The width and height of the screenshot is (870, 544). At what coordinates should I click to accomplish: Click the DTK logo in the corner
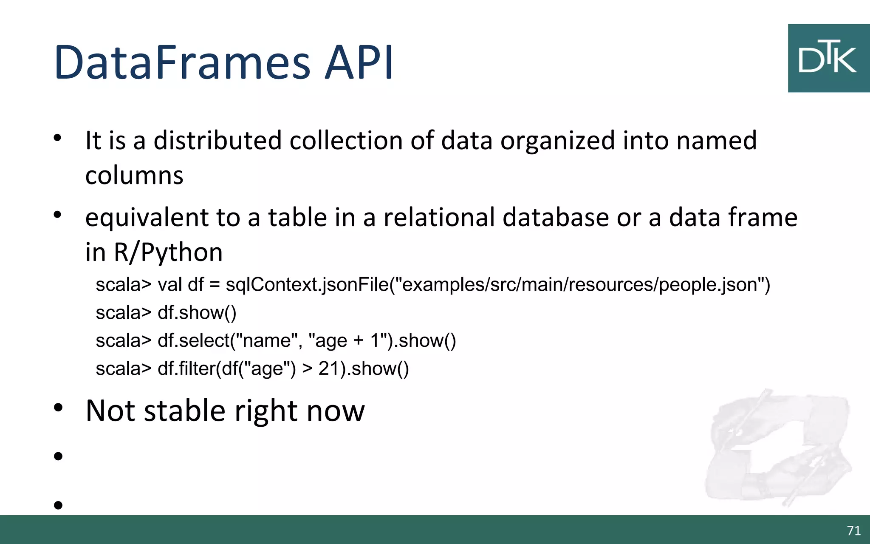828,58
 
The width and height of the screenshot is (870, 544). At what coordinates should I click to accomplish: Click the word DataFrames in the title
183,63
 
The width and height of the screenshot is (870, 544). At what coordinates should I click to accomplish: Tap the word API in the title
359,63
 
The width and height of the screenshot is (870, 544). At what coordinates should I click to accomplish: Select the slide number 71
853,530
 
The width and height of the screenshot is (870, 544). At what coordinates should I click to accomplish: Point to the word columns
134,175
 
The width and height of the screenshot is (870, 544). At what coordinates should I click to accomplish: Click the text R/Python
168,252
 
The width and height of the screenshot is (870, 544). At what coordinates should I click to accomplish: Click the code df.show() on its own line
197,313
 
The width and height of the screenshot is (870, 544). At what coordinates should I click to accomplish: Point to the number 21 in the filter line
328,368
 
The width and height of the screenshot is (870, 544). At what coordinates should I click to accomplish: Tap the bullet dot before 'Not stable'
58,408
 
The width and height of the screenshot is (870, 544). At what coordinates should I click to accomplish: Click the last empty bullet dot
58,505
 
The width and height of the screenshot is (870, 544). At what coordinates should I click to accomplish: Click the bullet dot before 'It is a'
58,138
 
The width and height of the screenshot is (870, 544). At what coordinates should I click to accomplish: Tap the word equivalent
147,218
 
